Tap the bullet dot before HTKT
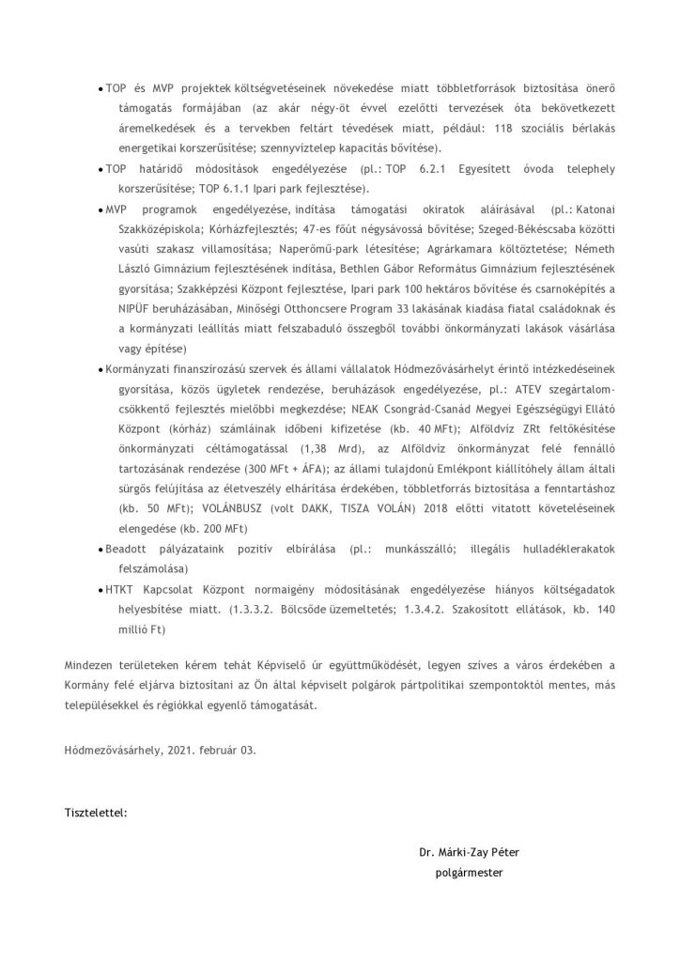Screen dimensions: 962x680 [100, 590]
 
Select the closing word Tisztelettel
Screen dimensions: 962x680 [96, 809]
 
